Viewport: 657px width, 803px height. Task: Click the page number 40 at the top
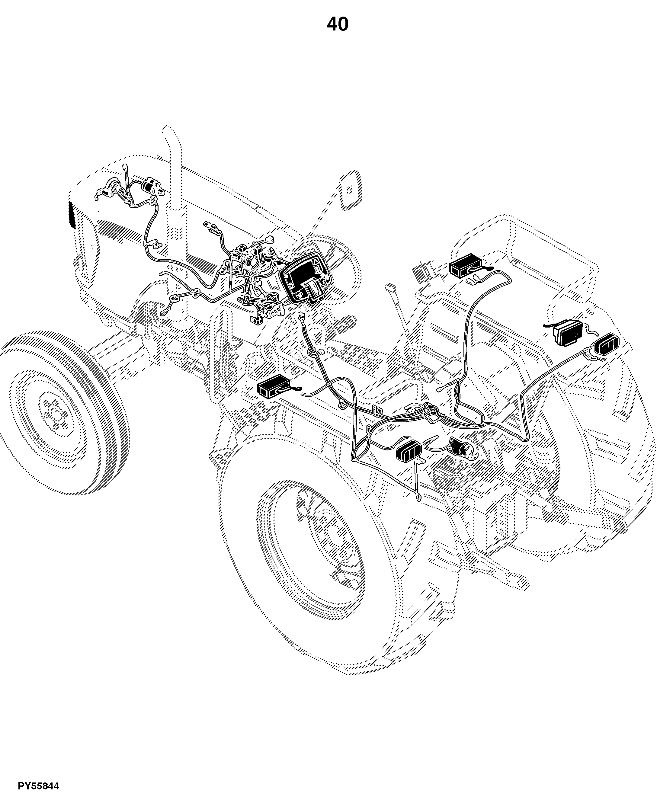(x=338, y=24)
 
